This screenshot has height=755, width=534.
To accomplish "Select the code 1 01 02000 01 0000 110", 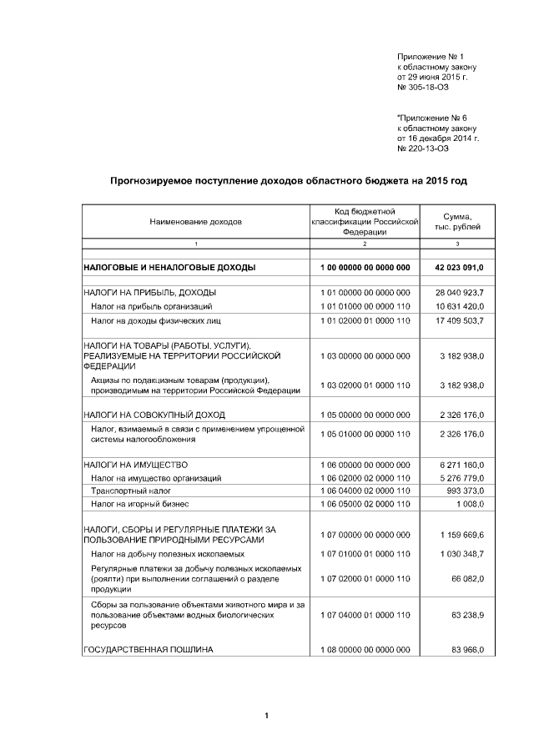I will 365,320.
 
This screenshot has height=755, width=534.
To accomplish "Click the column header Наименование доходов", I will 195,223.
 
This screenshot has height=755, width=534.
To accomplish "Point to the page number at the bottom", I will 265,716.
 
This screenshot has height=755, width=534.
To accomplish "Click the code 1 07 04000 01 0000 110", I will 365,614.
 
